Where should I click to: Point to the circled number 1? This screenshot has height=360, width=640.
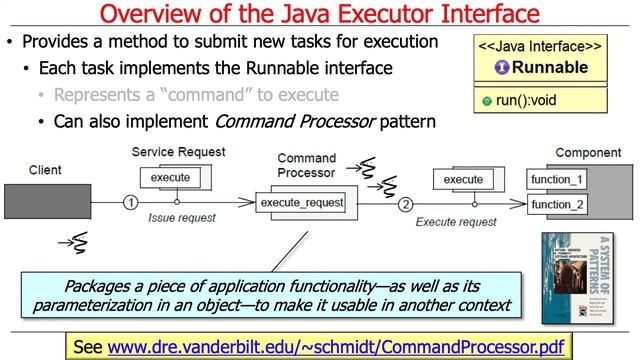pyautogui.click(x=129, y=203)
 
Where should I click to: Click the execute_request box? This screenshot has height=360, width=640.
pyautogui.click(x=301, y=203)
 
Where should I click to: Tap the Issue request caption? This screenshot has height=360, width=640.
pyautogui.click(x=182, y=217)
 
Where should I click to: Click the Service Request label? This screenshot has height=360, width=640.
pyautogui.click(x=178, y=151)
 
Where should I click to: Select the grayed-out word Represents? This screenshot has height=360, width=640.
pyautogui.click(x=97, y=96)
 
